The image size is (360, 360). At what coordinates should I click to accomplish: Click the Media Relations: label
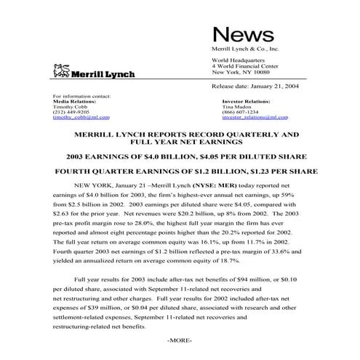(x=75, y=101)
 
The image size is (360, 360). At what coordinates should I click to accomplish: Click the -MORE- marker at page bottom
(x=180, y=340)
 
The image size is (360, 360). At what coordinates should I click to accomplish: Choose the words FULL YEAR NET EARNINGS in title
(x=180, y=143)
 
